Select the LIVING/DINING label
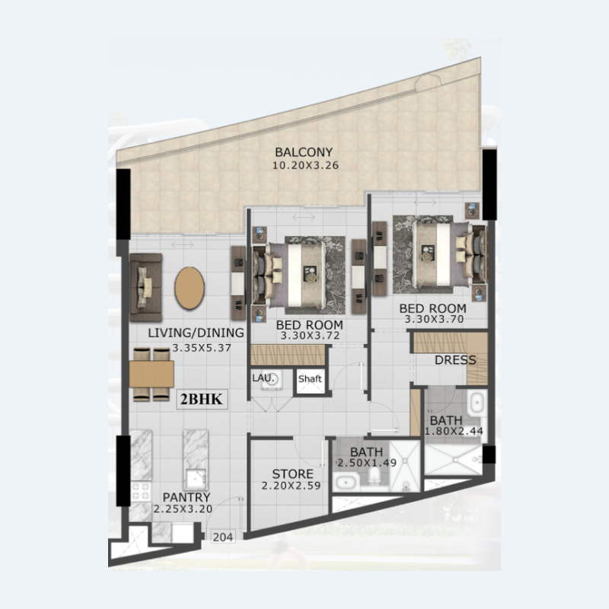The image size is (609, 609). (196, 333)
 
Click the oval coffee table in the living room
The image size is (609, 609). (189, 288)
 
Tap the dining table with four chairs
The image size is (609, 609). (151, 374)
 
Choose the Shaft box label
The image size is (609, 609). (310, 378)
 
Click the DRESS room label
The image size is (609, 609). (455, 360)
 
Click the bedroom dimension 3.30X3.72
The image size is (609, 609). (311, 336)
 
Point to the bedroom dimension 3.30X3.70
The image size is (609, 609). (432, 320)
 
